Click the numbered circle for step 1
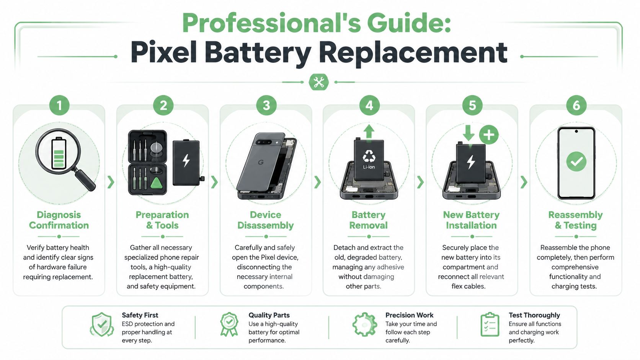click(x=59, y=105)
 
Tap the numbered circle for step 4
click(x=369, y=105)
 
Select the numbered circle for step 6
click(x=576, y=105)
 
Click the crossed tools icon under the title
click(x=318, y=82)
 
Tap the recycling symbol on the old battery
click(x=369, y=156)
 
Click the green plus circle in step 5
click(x=488, y=135)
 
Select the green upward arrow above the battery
click(x=369, y=132)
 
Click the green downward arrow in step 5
click(x=468, y=133)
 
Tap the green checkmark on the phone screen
click(x=576, y=161)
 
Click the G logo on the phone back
click(x=261, y=163)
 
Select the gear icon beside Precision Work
click(x=364, y=324)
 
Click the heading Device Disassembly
click(x=265, y=220)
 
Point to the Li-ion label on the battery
click(x=369, y=167)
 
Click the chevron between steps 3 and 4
click(x=317, y=182)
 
